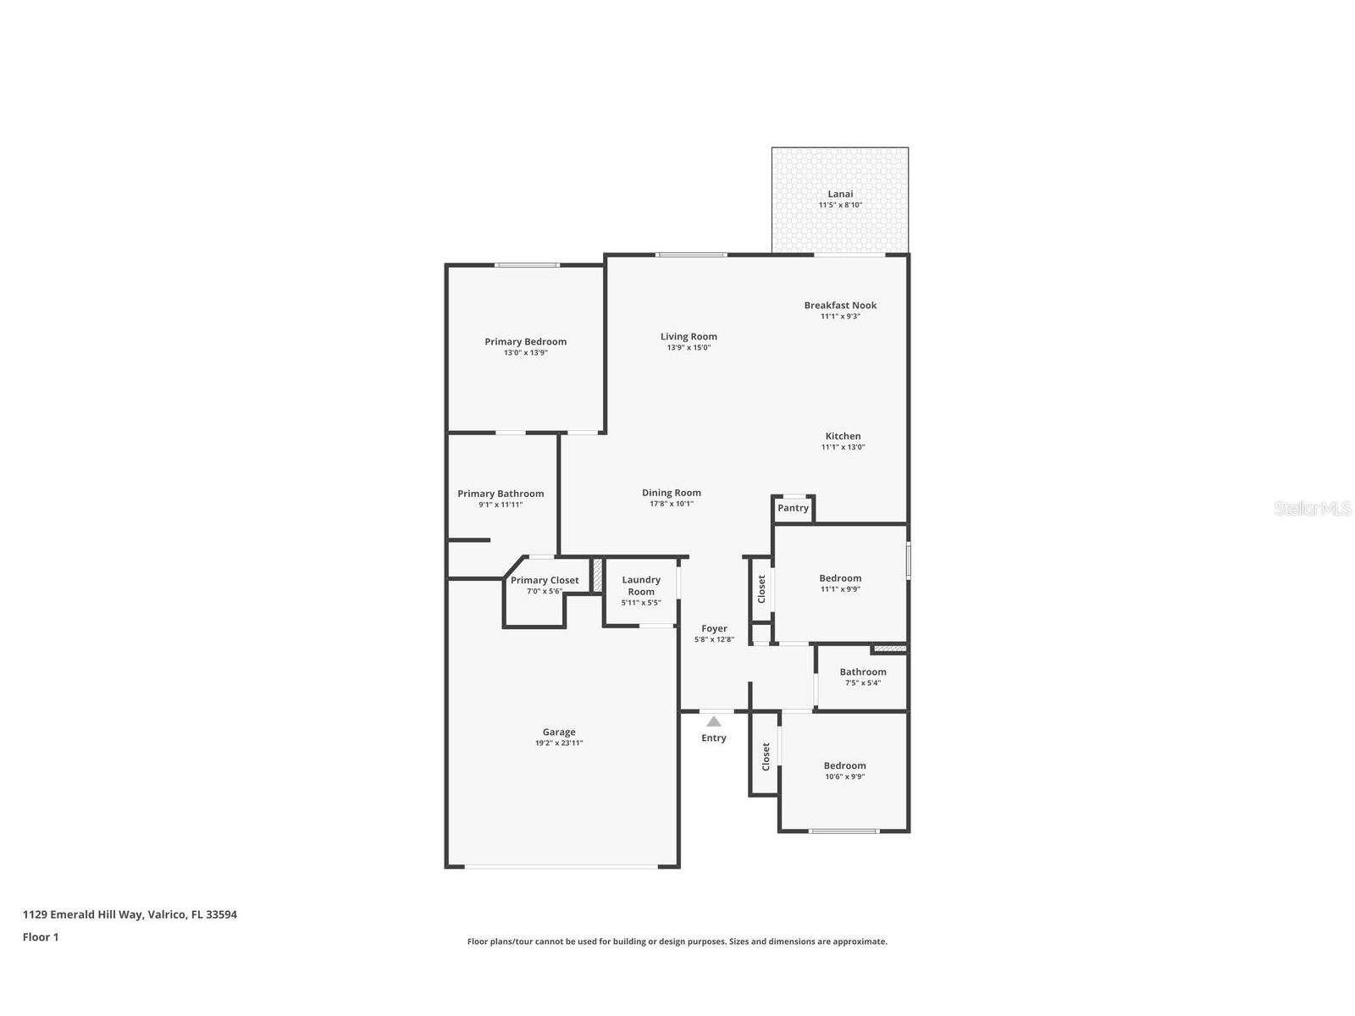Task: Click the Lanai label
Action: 840,194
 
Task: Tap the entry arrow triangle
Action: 714,721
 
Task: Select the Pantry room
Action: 794,508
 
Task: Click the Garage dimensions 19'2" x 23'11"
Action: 559,743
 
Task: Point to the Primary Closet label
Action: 545,580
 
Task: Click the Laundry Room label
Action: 641,586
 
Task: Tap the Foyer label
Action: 714,628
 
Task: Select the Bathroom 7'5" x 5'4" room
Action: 862,677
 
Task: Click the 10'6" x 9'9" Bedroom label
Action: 844,765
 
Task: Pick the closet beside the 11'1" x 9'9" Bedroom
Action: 761,588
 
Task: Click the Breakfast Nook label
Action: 840,305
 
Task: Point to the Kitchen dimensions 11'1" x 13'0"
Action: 843,447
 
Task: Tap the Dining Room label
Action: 671,493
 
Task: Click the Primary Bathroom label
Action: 501,494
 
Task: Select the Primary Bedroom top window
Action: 527,265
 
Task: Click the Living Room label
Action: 689,336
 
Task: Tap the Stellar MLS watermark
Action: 1313,508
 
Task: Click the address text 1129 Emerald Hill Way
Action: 130,914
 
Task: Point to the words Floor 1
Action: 41,936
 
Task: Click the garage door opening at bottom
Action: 561,866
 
